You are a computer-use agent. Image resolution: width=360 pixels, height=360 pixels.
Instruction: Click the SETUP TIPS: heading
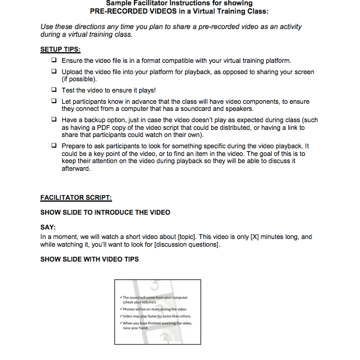click(60, 49)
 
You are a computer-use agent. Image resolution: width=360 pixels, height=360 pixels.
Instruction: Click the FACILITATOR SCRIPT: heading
click(75, 197)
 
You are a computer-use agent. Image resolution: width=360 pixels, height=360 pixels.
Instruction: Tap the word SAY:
click(48, 227)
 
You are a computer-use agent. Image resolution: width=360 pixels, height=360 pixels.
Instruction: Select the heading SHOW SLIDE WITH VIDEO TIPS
click(89, 259)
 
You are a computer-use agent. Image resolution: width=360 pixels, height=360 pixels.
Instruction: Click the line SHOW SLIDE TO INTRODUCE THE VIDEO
click(105, 212)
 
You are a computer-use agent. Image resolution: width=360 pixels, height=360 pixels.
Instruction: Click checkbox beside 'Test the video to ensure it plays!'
click(54, 90)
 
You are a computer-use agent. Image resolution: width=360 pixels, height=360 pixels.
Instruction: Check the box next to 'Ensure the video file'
click(54, 60)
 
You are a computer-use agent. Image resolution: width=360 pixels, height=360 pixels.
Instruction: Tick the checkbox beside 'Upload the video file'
click(54, 72)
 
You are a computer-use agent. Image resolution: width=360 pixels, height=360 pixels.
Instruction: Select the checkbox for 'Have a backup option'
click(54, 119)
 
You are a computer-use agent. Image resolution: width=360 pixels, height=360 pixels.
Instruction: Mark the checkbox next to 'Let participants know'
click(54, 101)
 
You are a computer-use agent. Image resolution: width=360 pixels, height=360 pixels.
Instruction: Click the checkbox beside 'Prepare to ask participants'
click(54, 146)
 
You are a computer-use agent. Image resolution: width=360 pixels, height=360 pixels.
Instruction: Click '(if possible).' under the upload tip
click(79, 79)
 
